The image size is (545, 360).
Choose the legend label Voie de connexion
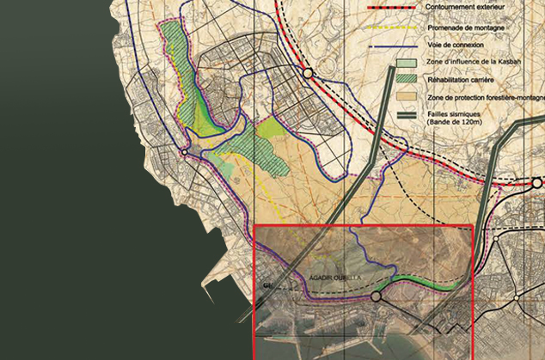pos(460,46)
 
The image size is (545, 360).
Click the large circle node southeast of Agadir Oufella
pos(376,297)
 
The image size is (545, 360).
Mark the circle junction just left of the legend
pos(307,74)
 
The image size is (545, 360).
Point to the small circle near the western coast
pos(183,152)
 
